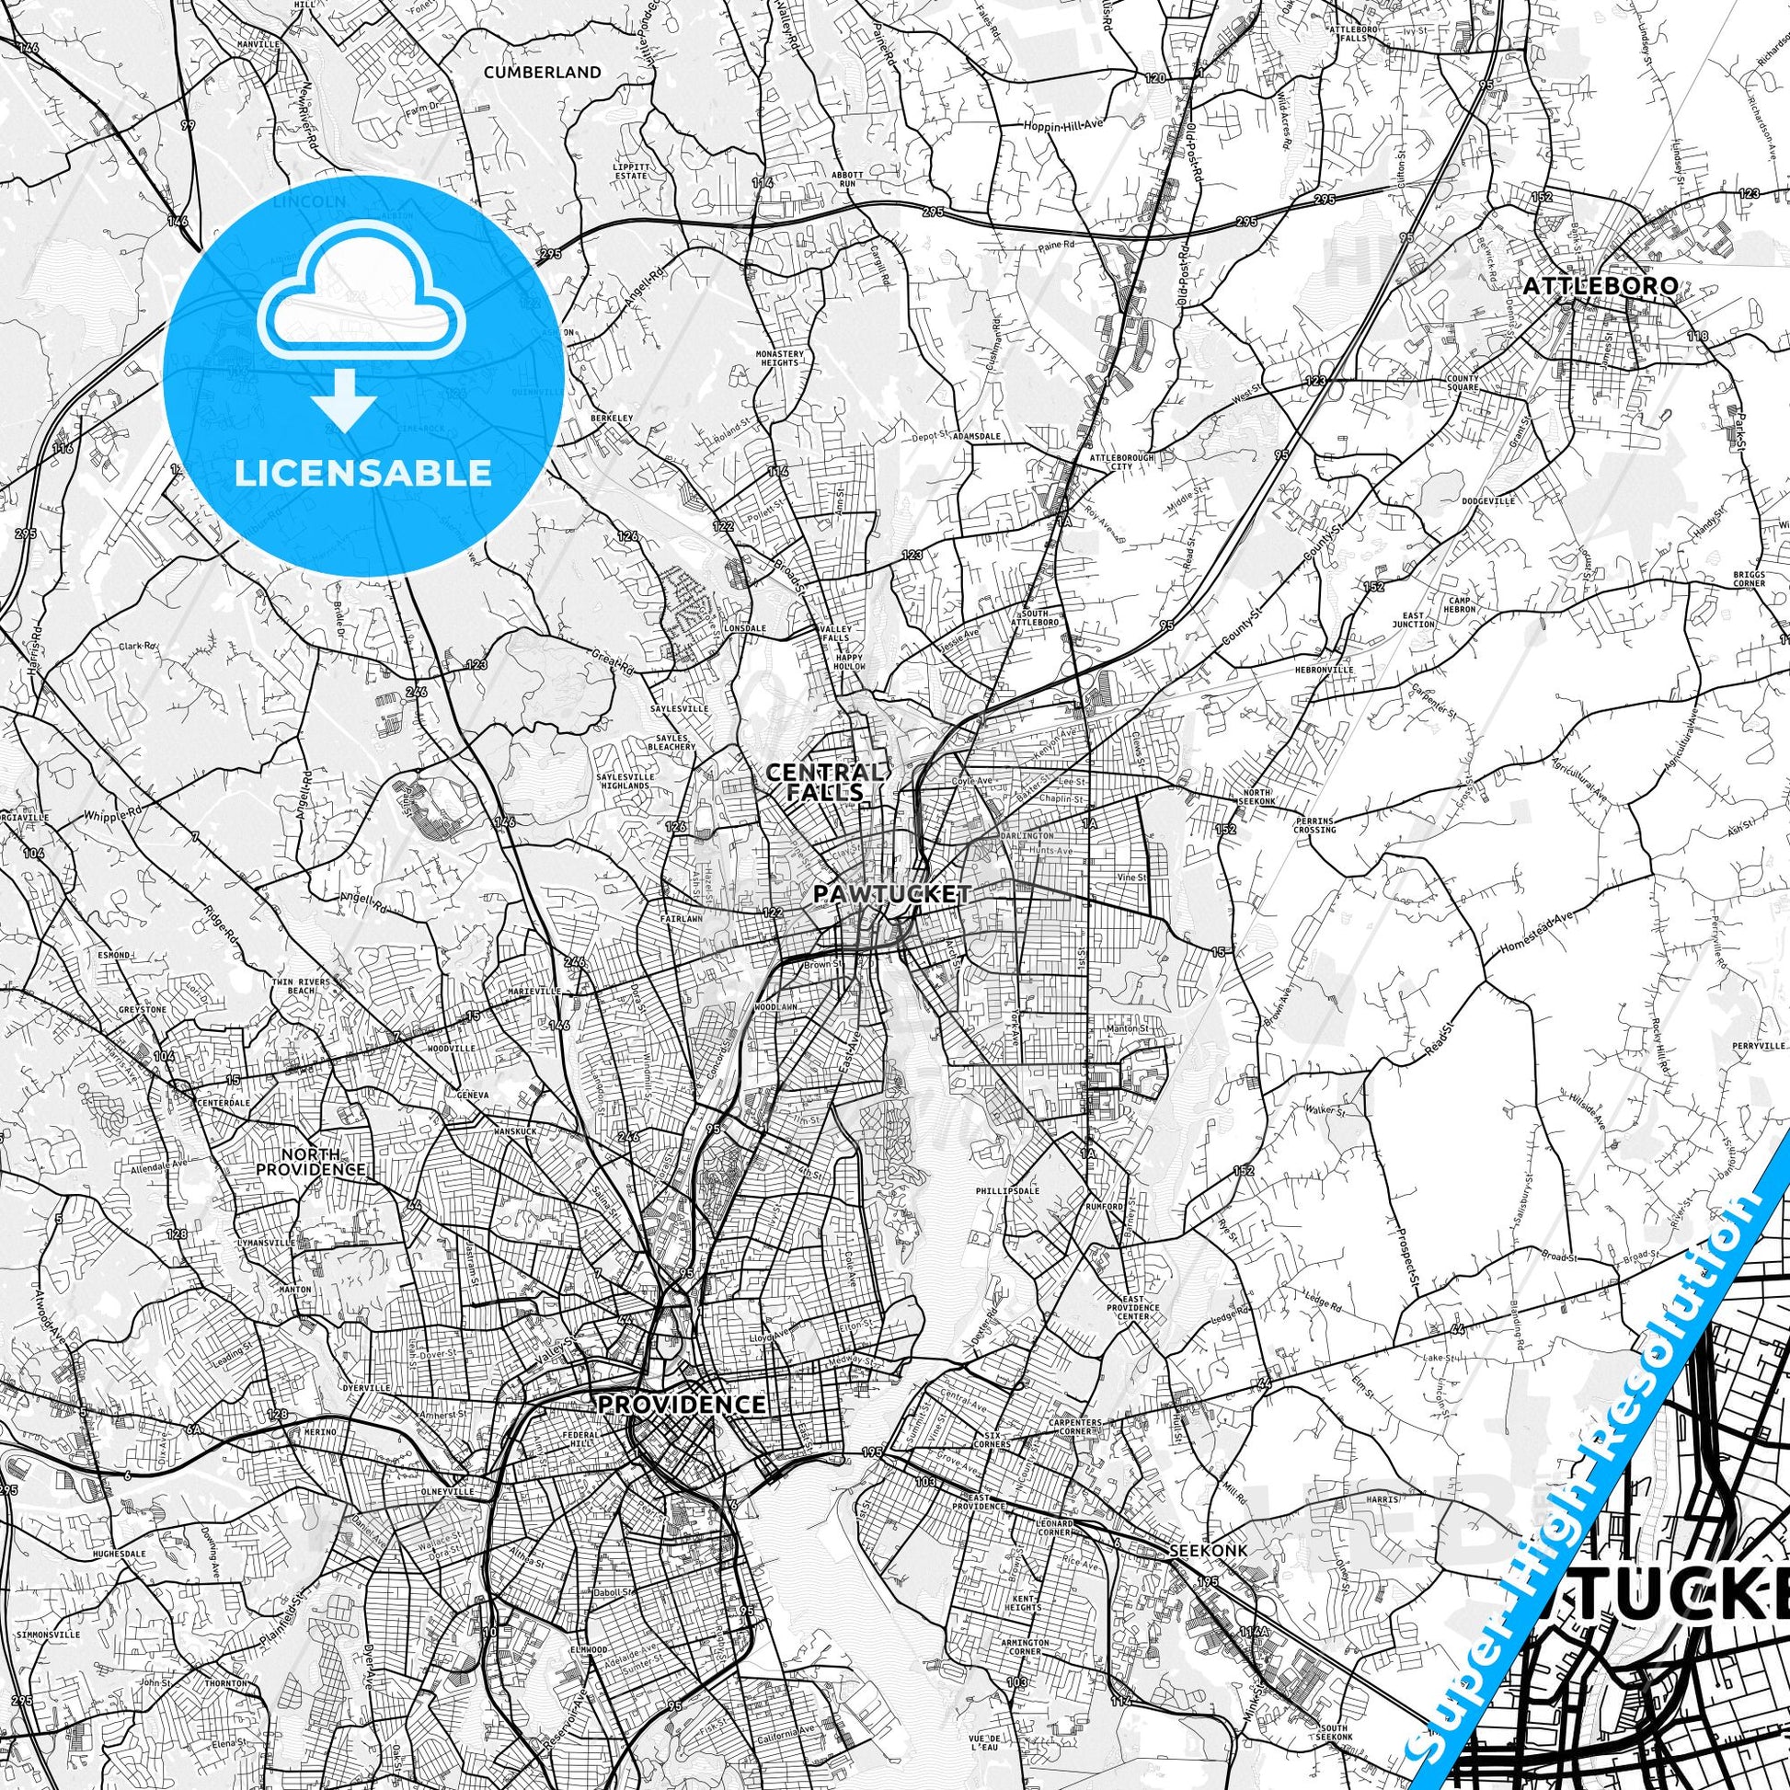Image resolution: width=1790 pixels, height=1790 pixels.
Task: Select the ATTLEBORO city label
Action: click(1601, 285)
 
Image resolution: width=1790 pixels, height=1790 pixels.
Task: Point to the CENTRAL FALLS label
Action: click(823, 781)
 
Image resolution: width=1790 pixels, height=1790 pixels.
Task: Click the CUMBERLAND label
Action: click(542, 72)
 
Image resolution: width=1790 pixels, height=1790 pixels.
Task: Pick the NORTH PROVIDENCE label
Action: click(324, 1162)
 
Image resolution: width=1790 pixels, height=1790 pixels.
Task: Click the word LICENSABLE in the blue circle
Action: click(363, 473)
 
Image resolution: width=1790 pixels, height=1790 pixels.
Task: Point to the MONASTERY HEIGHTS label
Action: click(778, 358)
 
